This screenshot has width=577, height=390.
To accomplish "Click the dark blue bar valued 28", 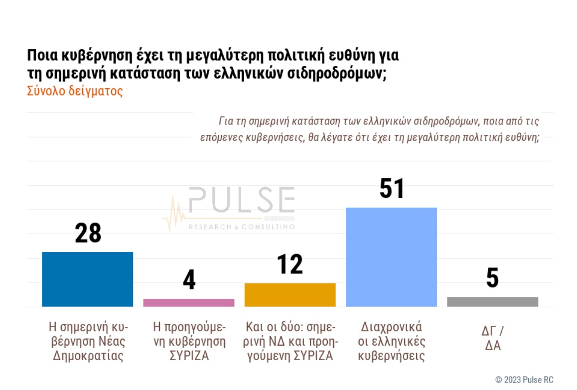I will coord(87,279).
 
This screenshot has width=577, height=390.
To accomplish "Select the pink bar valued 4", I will coord(188,302).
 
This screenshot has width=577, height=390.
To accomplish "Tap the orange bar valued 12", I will coord(290,294).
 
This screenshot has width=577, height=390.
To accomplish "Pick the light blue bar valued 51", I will coord(391,257).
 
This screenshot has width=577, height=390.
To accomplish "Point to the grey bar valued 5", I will coord(492,301).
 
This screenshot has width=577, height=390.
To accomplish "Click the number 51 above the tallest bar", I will coord(392,189).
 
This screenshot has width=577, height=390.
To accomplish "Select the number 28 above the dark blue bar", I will coord(88,233).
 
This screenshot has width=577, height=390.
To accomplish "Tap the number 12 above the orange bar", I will coord(290,264).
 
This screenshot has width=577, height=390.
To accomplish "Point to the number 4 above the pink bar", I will coord(189,280).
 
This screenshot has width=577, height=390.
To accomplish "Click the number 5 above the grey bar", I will coord(492,278).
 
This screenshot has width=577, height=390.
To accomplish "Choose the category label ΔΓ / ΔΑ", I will coord(492,338).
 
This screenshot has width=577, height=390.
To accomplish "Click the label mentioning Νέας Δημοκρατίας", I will coord(88,342).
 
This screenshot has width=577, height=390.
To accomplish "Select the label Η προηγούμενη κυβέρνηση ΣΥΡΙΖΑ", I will coord(189,342).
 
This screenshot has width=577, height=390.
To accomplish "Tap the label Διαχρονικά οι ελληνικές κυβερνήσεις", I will coord(391,342).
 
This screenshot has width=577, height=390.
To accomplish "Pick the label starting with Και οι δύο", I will coord(290,342).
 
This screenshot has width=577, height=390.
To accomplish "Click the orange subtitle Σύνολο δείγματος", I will coord(75,92).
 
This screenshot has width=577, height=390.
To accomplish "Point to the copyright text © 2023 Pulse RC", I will coord(524,380).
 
